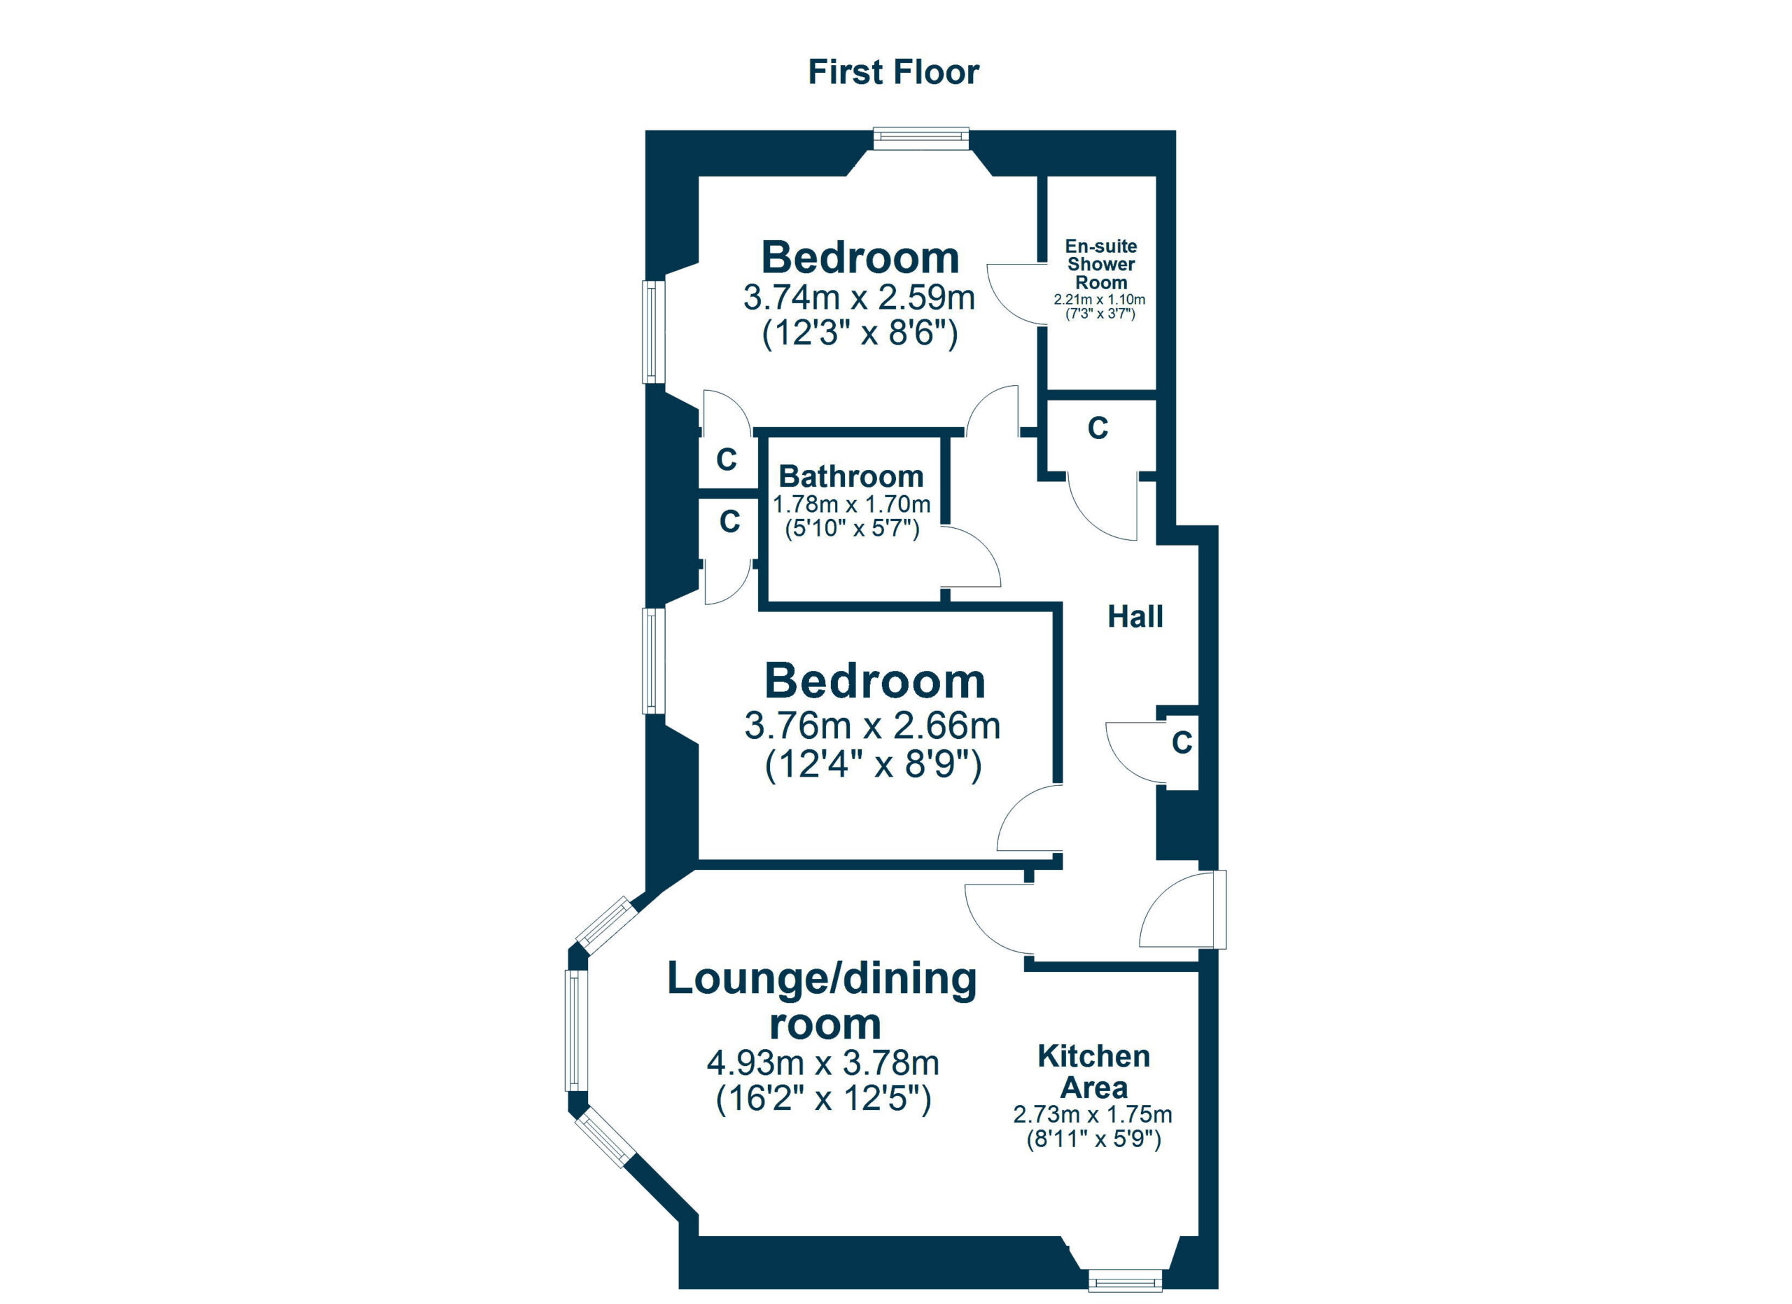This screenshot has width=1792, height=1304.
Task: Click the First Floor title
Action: (x=894, y=72)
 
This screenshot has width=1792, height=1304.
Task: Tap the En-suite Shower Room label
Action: (x=1100, y=264)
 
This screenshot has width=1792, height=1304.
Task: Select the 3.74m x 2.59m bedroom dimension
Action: (x=860, y=297)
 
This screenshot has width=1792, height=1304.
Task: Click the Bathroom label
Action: (x=851, y=476)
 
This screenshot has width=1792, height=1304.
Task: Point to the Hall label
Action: (x=1135, y=616)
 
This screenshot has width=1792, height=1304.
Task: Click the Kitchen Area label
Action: (x=1094, y=1071)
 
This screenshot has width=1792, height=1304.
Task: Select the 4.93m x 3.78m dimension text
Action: (x=823, y=1063)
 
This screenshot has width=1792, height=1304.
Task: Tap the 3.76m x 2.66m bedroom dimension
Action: (x=873, y=726)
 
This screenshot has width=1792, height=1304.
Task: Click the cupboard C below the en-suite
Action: (x=1098, y=428)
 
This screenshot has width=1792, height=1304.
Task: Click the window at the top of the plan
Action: (x=921, y=138)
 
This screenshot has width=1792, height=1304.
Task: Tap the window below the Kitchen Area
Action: (x=1125, y=1280)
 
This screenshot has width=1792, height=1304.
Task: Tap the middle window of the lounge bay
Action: (x=577, y=1031)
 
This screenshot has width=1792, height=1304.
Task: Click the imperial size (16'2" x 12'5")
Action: (x=823, y=1099)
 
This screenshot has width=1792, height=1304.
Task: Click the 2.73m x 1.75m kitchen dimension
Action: (x=1093, y=1115)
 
